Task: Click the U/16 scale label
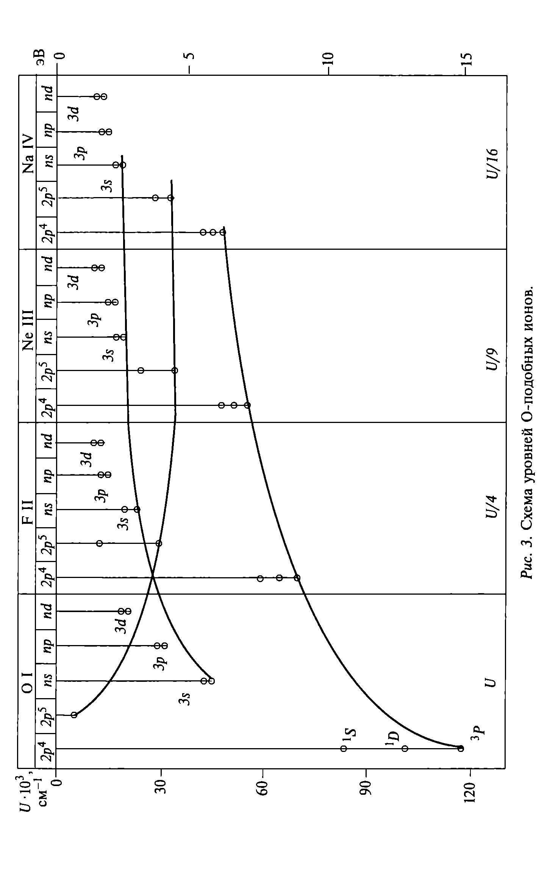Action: click(491, 163)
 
